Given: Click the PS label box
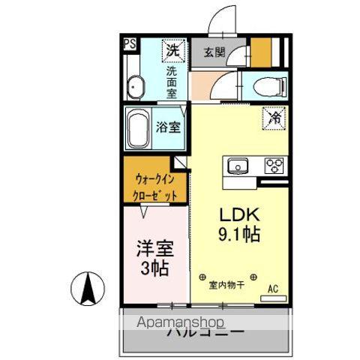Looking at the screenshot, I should tap(130, 43).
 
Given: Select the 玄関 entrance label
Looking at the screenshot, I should tap(214, 52).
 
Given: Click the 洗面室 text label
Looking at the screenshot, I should tap(172, 82).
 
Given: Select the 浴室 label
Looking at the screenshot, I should tap(168, 127).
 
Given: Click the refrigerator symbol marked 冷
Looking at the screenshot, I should tap(275, 117).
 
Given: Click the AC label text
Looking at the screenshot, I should tap(274, 286).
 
